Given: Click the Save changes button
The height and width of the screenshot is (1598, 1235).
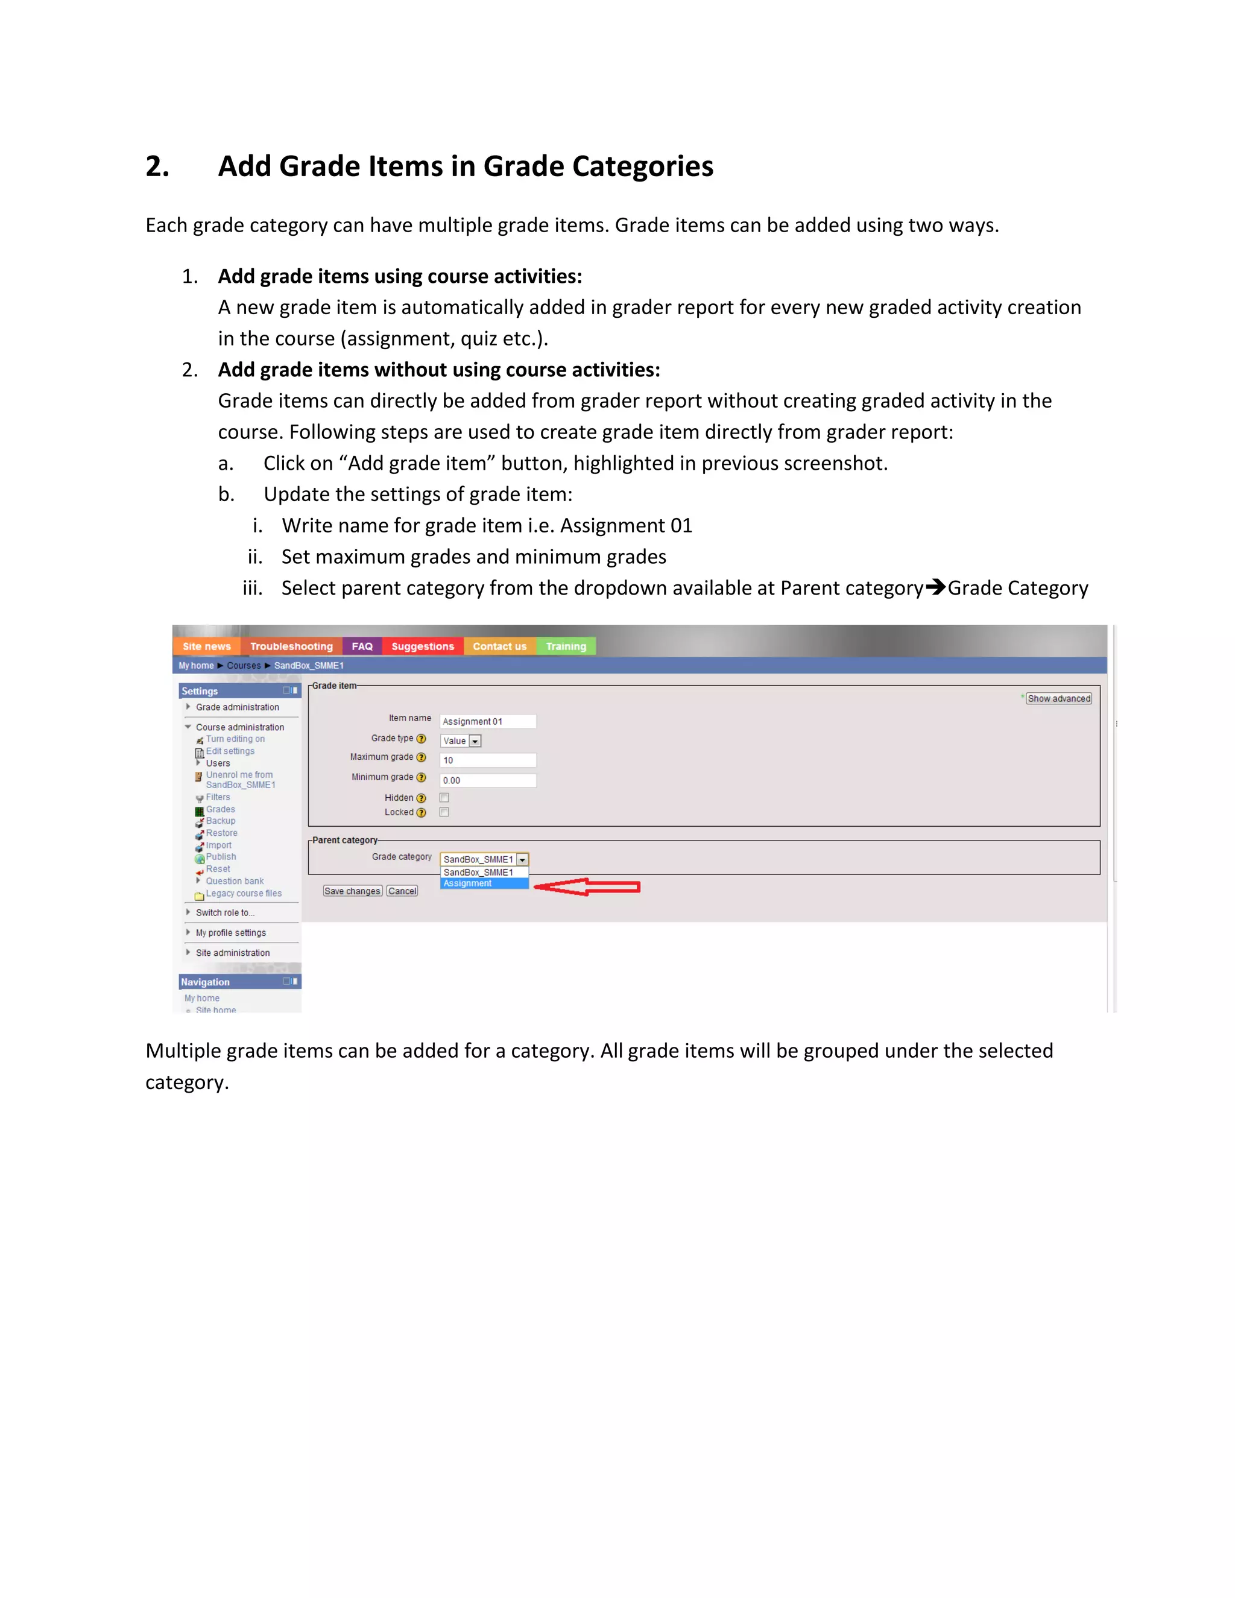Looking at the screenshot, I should (x=352, y=891).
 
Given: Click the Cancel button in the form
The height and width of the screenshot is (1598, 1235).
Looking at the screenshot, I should (x=402, y=891).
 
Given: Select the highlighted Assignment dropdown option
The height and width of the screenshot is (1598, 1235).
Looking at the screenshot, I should (x=483, y=883).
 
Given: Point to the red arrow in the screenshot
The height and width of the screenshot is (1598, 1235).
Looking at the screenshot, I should (x=587, y=887).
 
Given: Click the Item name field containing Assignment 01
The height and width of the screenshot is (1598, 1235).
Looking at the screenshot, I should (x=487, y=721).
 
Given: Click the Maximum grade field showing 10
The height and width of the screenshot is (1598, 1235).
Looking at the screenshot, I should (x=487, y=760).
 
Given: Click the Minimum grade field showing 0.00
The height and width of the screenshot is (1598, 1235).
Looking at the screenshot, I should (x=487, y=780).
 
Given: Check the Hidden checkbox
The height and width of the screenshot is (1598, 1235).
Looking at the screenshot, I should (x=444, y=798).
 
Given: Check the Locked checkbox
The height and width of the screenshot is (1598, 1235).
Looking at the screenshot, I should (x=444, y=812).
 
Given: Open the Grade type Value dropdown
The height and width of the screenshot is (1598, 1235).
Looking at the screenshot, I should (x=461, y=741).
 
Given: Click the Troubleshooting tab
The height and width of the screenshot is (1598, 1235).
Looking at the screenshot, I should (x=291, y=646).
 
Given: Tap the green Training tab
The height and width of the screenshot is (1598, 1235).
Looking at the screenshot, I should (x=566, y=646).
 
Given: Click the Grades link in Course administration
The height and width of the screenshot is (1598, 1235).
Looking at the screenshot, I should (x=220, y=809).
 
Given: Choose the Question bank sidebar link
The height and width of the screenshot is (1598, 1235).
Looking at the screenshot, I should (x=234, y=881).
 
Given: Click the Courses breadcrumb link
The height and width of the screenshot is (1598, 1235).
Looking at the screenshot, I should (x=244, y=665).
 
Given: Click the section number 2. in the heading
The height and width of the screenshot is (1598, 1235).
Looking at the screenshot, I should (x=157, y=166).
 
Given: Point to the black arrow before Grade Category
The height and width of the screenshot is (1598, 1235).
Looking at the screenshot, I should (x=935, y=587).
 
